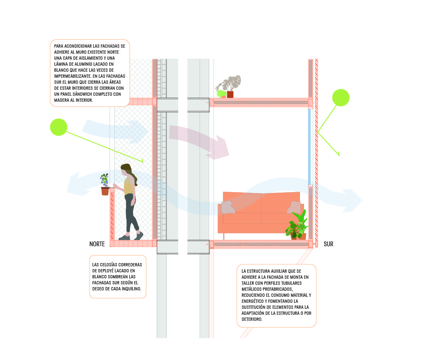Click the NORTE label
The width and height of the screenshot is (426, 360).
coord(97,244)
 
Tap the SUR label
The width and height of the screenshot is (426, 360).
coord(328,244)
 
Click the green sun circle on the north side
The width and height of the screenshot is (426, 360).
coord(59,127)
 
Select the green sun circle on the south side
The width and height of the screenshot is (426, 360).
coord(341,98)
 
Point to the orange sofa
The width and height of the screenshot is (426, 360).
coord(261,213)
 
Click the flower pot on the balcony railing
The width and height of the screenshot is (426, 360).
coord(105,191)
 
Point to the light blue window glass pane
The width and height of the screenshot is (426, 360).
coord(310,147)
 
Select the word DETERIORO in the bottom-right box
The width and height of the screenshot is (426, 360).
coord(252,319)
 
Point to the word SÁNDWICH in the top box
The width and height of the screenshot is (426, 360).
coord(84,94)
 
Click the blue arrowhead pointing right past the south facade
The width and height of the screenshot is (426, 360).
coord(353,200)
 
